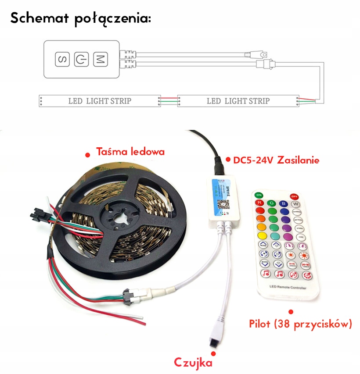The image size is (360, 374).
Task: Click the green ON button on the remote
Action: coord(259,195)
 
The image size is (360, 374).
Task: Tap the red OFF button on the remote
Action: coord(294,196)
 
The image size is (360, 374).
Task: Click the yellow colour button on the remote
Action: coord(260,227)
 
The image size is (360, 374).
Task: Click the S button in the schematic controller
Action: coord(62,59)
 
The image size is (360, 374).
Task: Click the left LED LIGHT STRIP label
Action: coord(100,101)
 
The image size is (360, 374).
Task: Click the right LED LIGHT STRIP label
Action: coord(238,101)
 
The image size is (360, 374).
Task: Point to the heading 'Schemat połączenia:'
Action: coord(81,18)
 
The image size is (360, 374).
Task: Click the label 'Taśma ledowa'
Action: coord(130,152)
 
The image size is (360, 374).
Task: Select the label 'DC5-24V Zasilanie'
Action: coord(276,160)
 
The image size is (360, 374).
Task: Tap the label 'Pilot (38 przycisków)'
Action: coord(300,324)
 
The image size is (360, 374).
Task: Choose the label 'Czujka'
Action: coord(193,362)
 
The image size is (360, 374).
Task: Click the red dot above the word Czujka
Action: coord(214,353)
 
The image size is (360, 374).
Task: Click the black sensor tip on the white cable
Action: coord(215,336)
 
